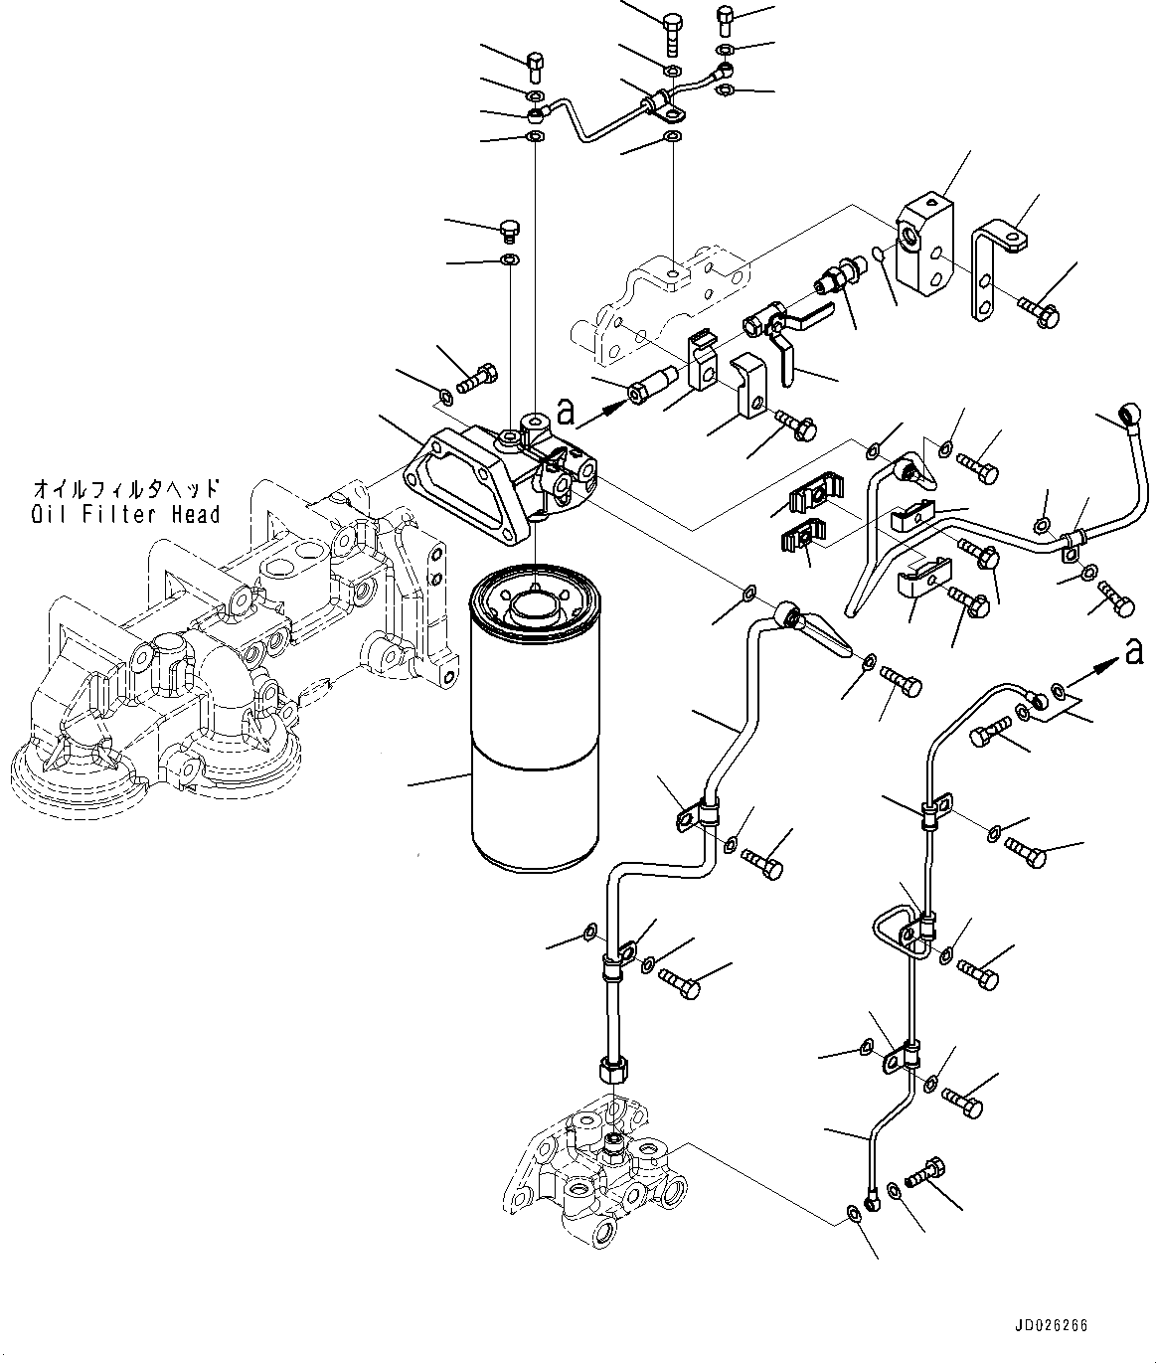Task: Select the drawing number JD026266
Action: click(x=1052, y=1326)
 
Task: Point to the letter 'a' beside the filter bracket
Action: click(x=566, y=409)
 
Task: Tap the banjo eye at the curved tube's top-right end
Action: click(x=1131, y=411)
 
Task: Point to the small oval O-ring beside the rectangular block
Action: click(x=878, y=256)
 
